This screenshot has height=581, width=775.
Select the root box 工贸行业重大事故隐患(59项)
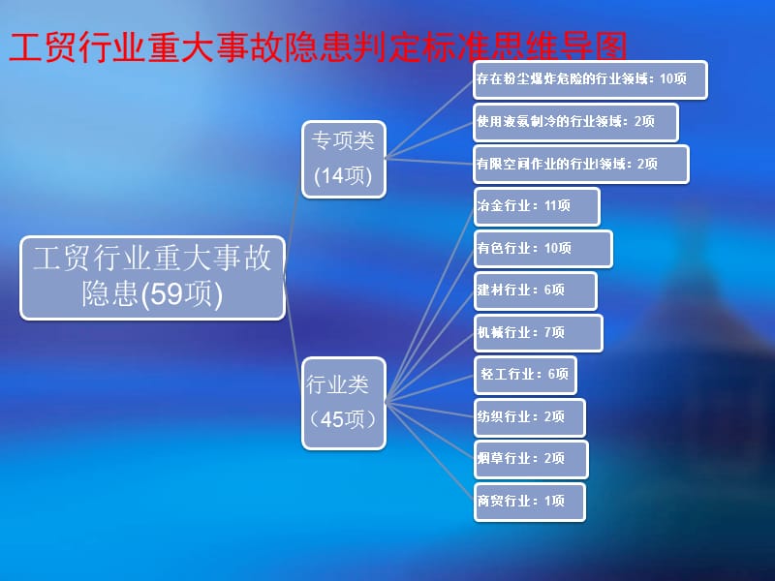(x=153, y=277)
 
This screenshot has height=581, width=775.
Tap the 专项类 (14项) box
(x=343, y=158)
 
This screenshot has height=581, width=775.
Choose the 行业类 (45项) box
(x=343, y=403)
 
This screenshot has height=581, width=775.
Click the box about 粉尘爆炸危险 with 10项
(x=590, y=79)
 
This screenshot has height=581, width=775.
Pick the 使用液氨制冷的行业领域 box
(x=575, y=122)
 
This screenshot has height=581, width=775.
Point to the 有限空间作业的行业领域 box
(x=581, y=164)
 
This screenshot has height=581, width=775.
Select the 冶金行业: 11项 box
(x=537, y=206)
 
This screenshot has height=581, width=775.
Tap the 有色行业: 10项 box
(x=542, y=248)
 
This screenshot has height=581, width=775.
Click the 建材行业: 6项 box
(x=535, y=290)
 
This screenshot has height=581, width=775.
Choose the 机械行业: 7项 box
(x=538, y=332)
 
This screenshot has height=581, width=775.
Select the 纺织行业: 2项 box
(x=529, y=417)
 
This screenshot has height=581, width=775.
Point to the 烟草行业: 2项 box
(x=529, y=459)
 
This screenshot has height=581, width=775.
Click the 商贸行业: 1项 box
(x=529, y=502)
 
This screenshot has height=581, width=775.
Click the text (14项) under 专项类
(x=343, y=176)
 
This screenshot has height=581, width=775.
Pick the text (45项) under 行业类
(x=343, y=420)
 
